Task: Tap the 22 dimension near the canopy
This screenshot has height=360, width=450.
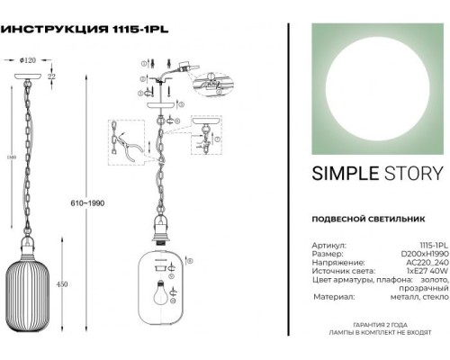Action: [x=53, y=79]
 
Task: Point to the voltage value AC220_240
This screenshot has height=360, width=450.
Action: [x=421, y=263]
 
